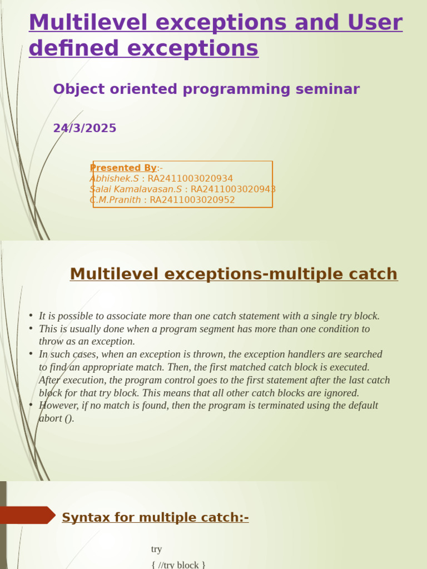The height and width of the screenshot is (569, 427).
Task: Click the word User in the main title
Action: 376,23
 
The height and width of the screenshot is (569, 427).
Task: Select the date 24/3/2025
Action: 85,128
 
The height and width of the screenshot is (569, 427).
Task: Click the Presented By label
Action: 123,168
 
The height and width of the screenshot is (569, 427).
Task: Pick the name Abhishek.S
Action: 114,178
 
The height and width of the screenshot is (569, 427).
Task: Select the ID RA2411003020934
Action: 190,178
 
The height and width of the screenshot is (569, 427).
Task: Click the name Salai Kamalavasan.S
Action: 136,189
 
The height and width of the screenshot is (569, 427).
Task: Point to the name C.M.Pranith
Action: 115,200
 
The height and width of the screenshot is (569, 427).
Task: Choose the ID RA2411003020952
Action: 192,200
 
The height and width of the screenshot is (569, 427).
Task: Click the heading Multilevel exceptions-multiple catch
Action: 234,274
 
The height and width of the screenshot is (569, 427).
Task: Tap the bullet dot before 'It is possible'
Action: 31,316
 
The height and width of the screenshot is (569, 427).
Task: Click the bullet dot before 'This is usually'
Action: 31,328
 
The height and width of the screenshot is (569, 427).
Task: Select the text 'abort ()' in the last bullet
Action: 56,418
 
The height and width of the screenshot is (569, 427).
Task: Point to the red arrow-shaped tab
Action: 27,515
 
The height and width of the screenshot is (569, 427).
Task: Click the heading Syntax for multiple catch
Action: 155,518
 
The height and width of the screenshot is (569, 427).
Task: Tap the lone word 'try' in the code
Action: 156,549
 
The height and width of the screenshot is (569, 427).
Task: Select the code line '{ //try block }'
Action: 178,565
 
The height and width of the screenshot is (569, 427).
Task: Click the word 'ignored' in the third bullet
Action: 340,393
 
